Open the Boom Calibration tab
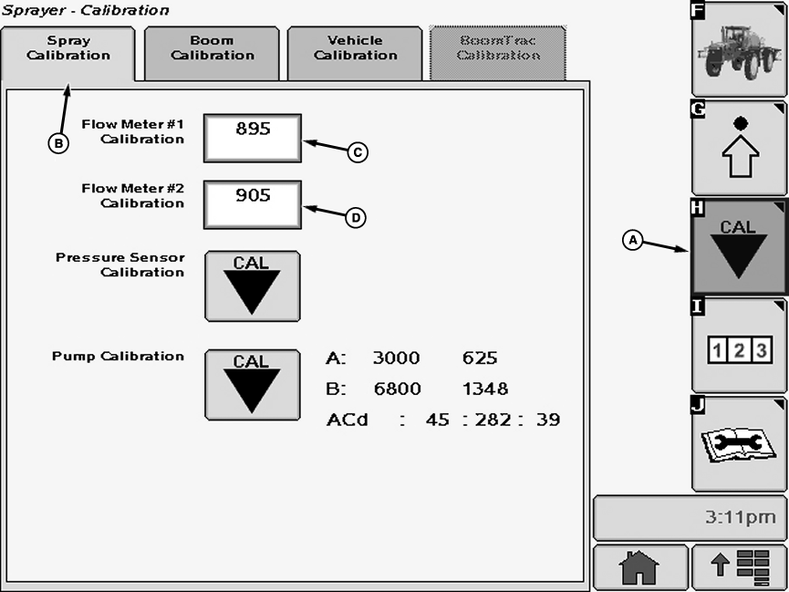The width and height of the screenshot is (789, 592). (x=212, y=48)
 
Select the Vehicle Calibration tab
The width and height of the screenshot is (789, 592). (x=355, y=48)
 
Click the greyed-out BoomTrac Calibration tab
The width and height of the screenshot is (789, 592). (x=498, y=48)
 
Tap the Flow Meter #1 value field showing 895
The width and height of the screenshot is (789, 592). (x=252, y=138)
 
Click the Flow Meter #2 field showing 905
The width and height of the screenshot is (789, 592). (x=252, y=203)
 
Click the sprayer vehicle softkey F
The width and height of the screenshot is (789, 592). (x=739, y=49)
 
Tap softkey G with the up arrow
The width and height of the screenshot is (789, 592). (x=739, y=148)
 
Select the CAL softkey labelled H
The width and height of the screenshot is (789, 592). (x=739, y=247)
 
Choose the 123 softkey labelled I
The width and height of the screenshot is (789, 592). (x=739, y=347)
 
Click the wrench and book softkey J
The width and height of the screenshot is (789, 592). (x=739, y=445)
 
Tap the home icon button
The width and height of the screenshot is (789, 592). (x=638, y=567)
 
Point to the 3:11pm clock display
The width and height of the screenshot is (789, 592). (x=690, y=518)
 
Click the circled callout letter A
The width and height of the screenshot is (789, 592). (x=632, y=240)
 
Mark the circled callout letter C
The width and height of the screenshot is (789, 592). (x=358, y=153)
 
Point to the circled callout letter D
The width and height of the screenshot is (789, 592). (x=356, y=217)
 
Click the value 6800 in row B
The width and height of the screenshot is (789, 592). (x=396, y=389)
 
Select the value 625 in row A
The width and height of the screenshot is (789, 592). (x=480, y=358)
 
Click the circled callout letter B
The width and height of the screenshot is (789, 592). (x=58, y=143)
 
